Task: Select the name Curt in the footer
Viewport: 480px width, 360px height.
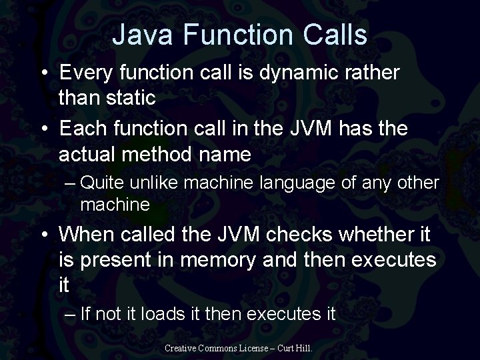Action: point(288,348)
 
